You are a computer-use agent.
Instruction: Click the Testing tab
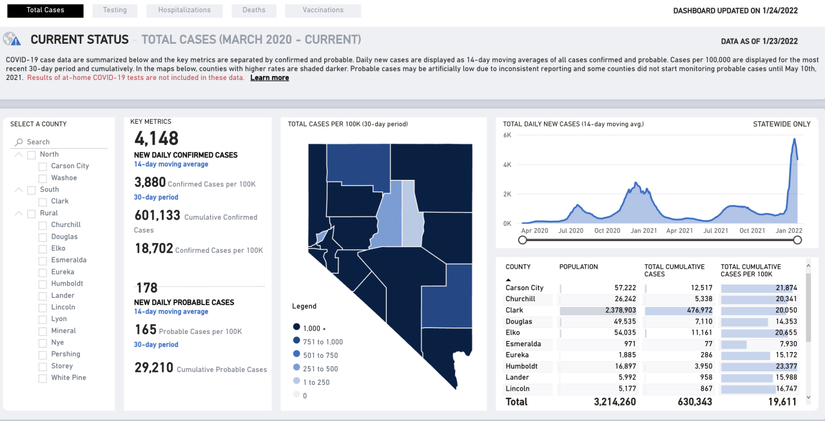coord(114,10)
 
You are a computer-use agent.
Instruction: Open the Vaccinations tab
coord(323,10)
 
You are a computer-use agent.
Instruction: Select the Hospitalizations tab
coord(184,10)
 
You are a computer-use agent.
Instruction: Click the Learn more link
coord(269,78)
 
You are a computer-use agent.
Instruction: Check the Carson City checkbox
coord(43,166)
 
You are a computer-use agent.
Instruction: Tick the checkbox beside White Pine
coord(43,378)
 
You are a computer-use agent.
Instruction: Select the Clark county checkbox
coord(43,201)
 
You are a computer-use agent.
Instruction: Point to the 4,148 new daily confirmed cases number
coord(157,138)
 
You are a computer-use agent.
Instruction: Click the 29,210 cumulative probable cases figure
coord(154,368)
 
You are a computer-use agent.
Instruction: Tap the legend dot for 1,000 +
coord(296,328)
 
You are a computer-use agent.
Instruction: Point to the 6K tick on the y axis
coord(507,135)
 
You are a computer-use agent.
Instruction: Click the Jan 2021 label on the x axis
coord(644,231)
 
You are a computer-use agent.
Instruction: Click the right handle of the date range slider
coord(797,240)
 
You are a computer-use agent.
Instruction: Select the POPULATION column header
coord(578,267)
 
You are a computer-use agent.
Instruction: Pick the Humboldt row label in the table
coord(521,366)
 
